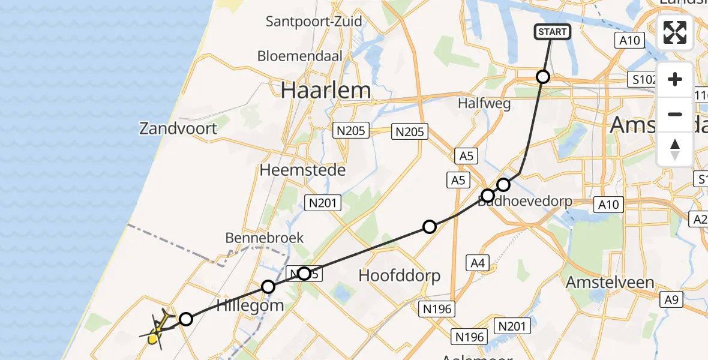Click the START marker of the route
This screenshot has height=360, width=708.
552,32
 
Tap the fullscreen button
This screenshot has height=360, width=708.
675,32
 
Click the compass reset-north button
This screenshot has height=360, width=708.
675,149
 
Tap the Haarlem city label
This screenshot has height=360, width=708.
326,91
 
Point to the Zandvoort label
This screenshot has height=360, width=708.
178,128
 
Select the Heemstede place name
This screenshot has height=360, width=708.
302,170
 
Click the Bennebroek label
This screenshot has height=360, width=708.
264,238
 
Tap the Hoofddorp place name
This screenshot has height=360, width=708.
399,276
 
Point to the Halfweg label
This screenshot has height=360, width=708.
484,103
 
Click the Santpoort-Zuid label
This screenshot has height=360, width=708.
314,22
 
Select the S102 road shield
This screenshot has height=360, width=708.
643,79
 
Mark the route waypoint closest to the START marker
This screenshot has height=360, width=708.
542,77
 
